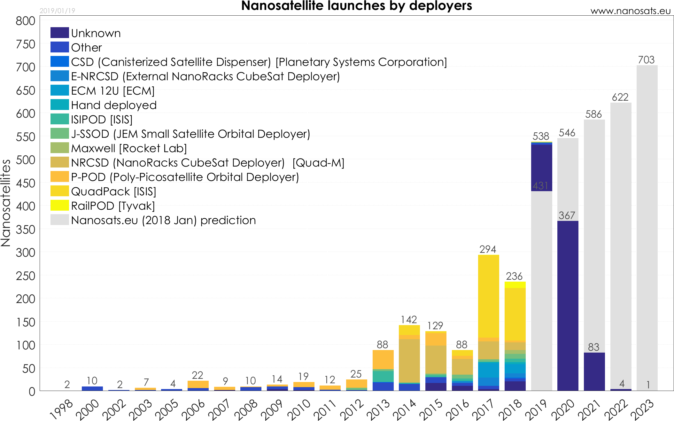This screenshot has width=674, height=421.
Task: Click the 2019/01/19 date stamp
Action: point(57,11)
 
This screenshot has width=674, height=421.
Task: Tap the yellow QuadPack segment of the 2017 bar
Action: point(488,296)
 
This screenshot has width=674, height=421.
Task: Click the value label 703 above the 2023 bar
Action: point(646,60)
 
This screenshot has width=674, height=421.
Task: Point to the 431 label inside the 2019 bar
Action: point(541,186)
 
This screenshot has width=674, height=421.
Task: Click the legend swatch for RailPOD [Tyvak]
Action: point(59,206)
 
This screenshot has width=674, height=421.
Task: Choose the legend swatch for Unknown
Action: point(59,33)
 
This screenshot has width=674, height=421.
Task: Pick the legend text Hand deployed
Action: point(114,105)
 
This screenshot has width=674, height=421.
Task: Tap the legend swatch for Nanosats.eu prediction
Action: point(59,220)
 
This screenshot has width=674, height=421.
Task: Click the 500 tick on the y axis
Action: point(26,160)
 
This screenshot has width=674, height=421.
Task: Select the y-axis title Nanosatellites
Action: point(6,203)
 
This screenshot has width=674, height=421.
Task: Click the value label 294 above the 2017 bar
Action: point(488,249)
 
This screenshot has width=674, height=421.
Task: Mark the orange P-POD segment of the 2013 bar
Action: point(383,360)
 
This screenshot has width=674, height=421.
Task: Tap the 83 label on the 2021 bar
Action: point(593,347)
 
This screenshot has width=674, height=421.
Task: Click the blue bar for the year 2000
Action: point(92,388)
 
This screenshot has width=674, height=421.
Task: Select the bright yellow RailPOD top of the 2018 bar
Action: point(515,285)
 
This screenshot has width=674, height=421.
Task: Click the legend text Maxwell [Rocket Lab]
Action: point(129,148)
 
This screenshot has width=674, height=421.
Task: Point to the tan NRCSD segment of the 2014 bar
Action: point(409,361)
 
